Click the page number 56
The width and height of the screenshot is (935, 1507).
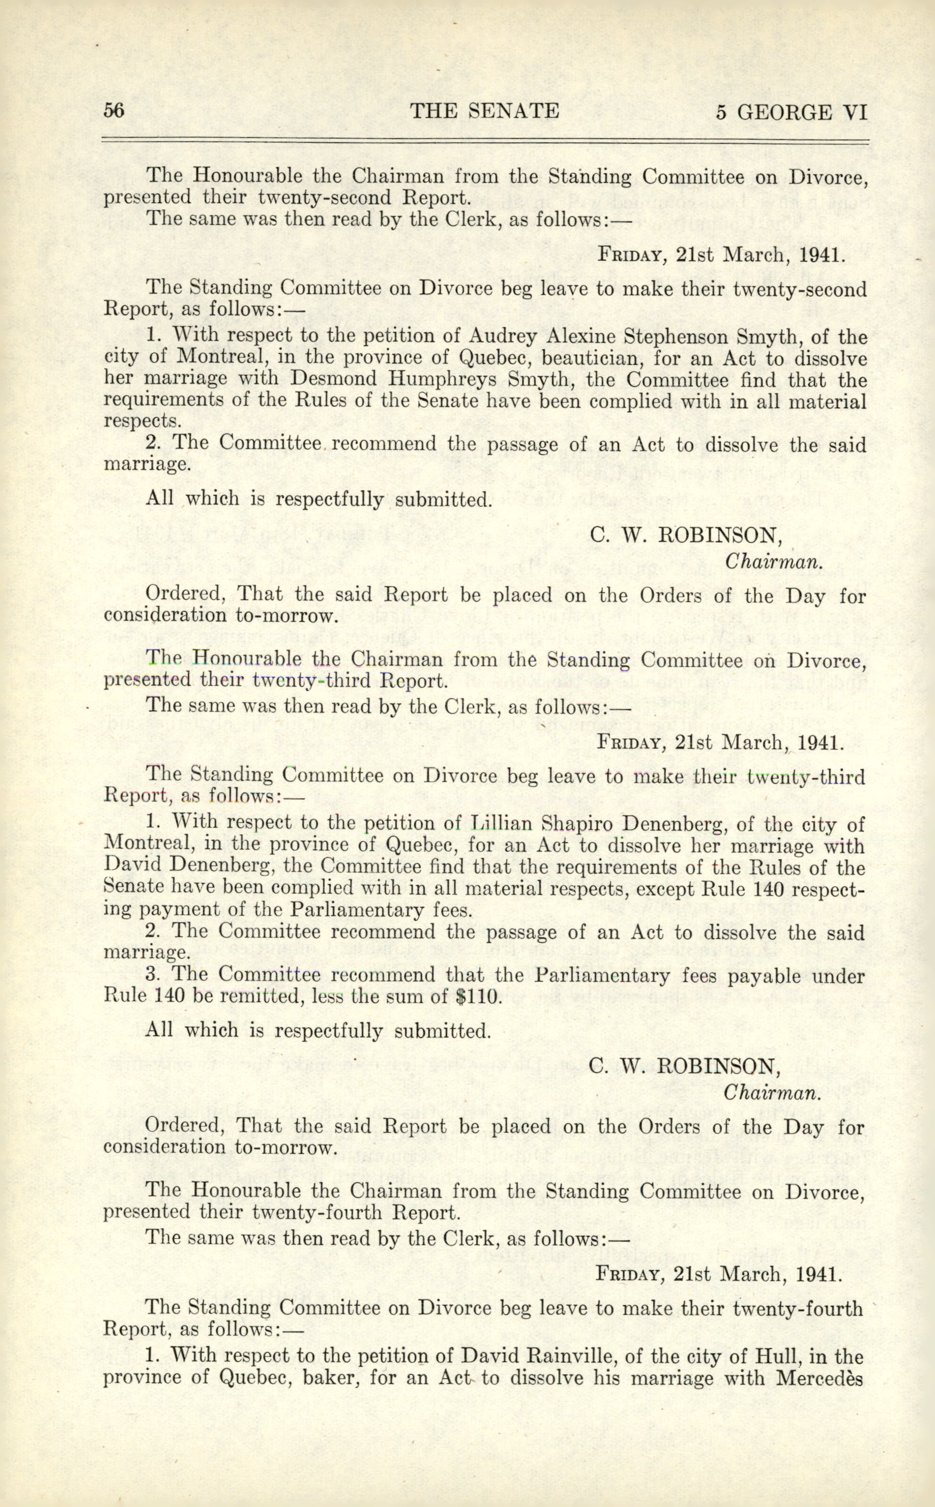tap(114, 111)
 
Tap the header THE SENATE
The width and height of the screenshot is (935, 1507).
tap(485, 111)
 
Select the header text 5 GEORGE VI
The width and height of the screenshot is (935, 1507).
tap(792, 112)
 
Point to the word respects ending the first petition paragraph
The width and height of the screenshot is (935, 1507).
tap(142, 422)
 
